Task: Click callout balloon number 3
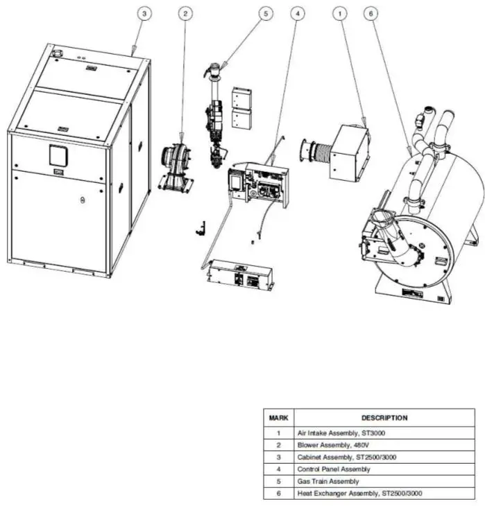pyautogui.click(x=143, y=13)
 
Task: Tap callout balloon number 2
pyautogui.click(x=185, y=13)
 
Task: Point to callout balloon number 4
pyautogui.click(x=297, y=13)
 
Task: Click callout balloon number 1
pyautogui.click(x=339, y=13)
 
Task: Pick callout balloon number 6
pyautogui.click(x=373, y=13)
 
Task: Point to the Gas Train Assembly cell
pyautogui.click(x=328, y=481)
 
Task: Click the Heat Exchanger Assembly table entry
pyautogui.click(x=359, y=494)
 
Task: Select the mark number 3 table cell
pyautogui.click(x=278, y=457)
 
